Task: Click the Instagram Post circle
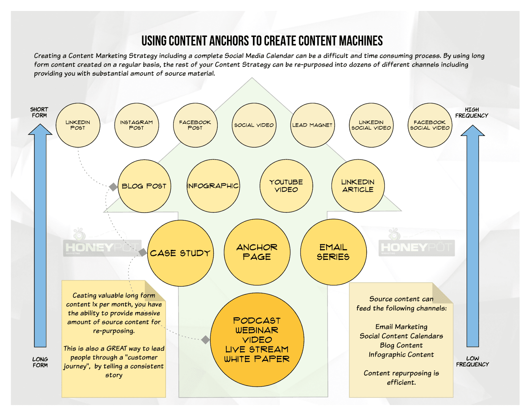[137, 125]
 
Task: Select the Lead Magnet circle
[313, 125]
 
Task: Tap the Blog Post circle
[144, 186]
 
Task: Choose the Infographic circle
[213, 186]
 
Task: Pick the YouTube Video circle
[286, 186]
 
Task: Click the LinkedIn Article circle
[358, 186]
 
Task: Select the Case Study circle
[180, 253]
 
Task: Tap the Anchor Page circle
[257, 252]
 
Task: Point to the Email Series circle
[333, 252]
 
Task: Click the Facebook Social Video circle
[430, 125]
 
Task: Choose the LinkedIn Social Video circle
[371, 125]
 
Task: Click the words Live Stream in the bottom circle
[257, 349]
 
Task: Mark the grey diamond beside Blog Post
[113, 187]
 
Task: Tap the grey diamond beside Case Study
[142, 252]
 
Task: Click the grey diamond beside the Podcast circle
[205, 340]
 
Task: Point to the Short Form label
[39, 112]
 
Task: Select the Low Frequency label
[472, 362]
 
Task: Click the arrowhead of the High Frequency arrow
[473, 131]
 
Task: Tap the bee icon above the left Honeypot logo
[79, 234]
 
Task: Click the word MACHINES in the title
[355, 41]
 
